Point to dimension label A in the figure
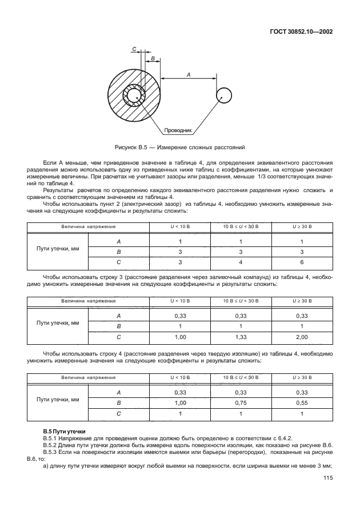[188, 74]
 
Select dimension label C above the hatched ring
[134, 50]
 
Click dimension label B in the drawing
[153, 58]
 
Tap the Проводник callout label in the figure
[178, 130]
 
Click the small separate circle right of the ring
[223, 95]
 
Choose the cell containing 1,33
[240, 337]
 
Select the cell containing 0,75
[240, 403]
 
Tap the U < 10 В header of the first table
[180, 227]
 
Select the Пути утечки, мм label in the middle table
[58, 322]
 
